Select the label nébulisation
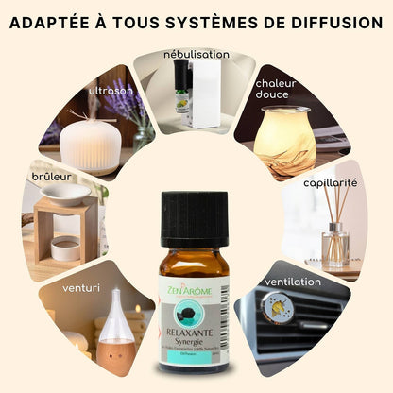point(196,55)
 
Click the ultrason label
point(111,92)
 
